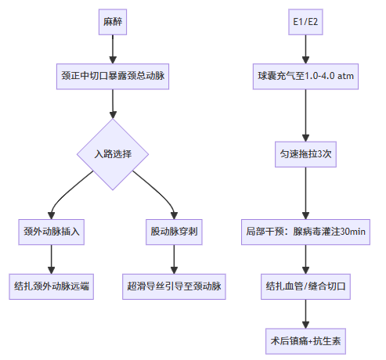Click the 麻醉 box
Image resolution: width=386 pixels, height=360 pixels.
point(112,22)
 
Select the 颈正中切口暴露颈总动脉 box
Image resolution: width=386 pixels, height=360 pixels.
point(112,77)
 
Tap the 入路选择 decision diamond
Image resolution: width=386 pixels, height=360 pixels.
point(112,154)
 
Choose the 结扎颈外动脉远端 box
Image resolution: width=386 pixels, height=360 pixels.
point(52,286)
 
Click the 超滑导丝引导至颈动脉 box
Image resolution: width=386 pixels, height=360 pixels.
point(173,286)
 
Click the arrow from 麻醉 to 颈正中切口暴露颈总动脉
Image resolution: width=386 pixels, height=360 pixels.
point(112,49)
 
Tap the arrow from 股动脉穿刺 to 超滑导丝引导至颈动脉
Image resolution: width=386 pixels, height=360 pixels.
point(173,258)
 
